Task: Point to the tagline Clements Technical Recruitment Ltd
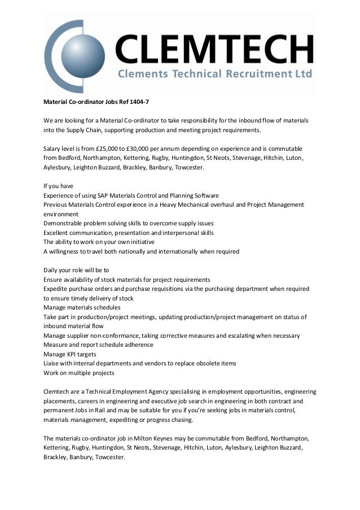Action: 215,75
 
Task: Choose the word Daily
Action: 52,270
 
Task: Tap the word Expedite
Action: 57,289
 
